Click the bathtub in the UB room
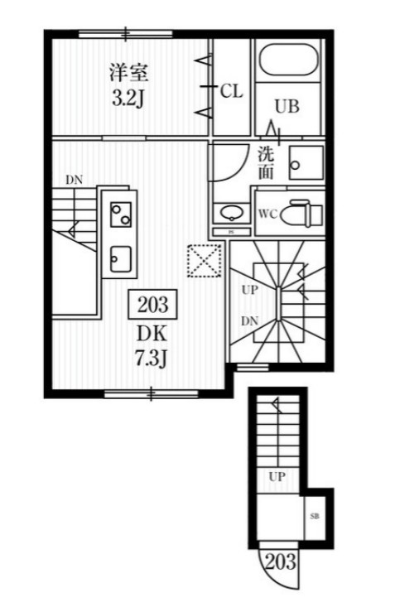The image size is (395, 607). point(288,60)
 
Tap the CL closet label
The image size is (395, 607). point(232,91)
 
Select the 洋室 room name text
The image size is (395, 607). point(128,72)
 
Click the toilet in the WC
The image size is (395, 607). point(301,214)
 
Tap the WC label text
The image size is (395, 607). point(268,214)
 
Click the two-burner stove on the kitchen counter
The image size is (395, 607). point(121,214)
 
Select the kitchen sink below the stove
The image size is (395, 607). point(120,259)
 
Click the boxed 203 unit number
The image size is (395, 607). point(153,304)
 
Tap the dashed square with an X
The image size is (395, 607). point(205,261)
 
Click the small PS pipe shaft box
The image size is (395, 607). point(232,232)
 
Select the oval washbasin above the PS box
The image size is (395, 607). point(232,213)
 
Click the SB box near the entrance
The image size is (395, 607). point(315,517)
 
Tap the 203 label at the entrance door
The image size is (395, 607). point(281,561)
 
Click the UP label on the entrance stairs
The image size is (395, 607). point(277,476)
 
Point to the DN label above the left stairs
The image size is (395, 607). point(74,180)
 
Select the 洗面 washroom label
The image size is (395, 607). point(266,163)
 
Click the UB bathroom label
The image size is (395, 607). point(287,106)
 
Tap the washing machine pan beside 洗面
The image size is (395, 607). point(306,163)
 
